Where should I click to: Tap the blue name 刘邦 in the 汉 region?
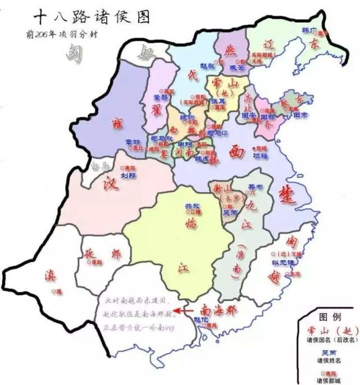pos(129,174)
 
